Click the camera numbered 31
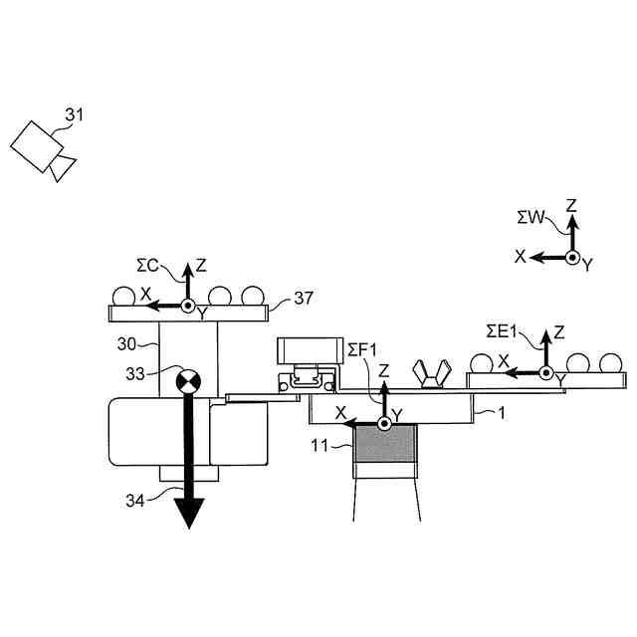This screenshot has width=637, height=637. point(42,150)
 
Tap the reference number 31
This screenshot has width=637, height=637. point(75,114)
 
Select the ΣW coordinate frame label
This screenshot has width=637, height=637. point(531,216)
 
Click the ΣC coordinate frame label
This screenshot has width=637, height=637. point(149,264)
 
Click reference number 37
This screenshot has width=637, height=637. point(305,297)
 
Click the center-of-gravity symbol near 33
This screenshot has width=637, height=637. point(187,381)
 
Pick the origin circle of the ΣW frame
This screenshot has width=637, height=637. point(572,257)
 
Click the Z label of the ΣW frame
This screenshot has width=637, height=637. point(571,206)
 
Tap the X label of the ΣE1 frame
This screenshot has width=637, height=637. point(504,359)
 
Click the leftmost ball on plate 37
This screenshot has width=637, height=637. point(124,296)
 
